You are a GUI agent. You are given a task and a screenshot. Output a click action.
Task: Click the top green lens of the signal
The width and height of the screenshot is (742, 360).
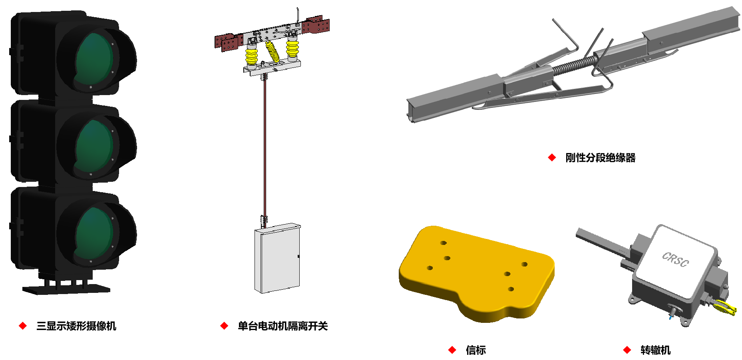pos(94,59)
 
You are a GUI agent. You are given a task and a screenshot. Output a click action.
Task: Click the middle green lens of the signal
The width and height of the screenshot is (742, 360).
pos(94,146)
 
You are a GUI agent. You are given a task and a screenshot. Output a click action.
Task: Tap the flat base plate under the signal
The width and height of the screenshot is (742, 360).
pos(66,289)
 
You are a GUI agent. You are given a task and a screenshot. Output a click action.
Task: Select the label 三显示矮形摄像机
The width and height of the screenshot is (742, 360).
pos(76,326)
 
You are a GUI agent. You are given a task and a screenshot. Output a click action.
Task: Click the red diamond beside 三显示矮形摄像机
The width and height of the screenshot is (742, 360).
pos(23,326)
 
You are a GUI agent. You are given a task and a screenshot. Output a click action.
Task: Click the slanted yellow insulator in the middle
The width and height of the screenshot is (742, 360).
pos(273,51)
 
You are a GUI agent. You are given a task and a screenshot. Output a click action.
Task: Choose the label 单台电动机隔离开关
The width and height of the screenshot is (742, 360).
pos(283,326)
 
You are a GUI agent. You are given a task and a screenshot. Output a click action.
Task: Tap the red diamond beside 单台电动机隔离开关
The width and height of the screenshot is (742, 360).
pos(224,326)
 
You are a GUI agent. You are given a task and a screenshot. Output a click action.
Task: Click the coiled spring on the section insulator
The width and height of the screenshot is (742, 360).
pos(574,66)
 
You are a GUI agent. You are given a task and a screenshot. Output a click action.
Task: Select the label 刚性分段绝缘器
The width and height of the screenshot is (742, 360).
pos(600,158)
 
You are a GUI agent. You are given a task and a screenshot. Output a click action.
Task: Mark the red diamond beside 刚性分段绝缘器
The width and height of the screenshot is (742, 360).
pos(552,158)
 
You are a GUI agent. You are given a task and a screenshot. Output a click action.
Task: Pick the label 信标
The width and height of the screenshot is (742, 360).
pos(476,350)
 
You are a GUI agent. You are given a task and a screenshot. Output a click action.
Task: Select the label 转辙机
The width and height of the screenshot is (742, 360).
pos(655,350)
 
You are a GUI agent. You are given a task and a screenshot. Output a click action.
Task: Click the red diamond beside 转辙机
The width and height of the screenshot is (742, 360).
pos(627,350)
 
